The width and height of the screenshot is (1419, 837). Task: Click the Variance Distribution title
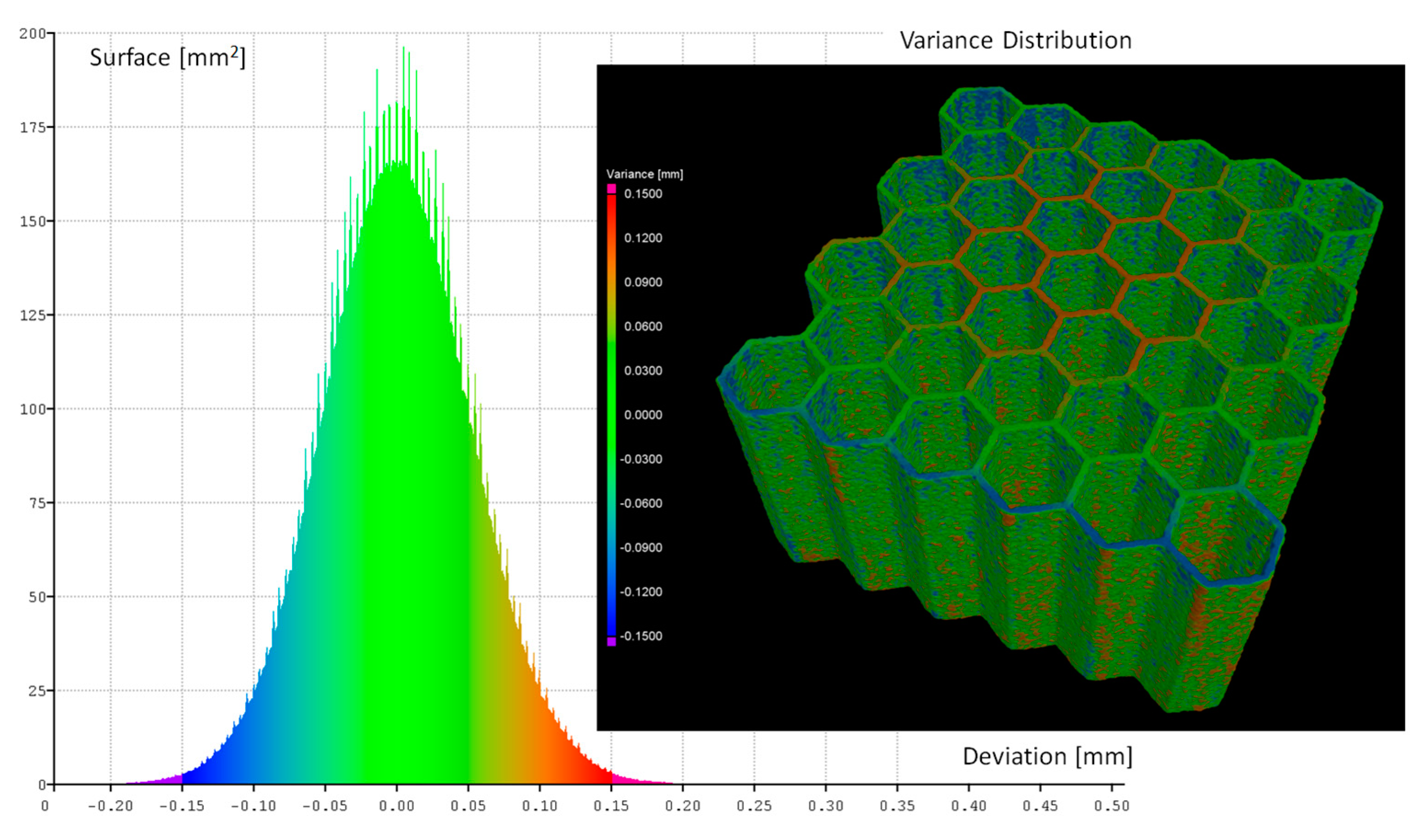[x=1015, y=40]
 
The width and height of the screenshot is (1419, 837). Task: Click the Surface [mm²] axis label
[x=167, y=57]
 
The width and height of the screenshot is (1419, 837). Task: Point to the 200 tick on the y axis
[x=33, y=33]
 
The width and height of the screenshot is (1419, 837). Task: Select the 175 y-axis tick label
[x=33, y=127]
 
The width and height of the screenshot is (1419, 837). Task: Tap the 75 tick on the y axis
[x=37, y=503]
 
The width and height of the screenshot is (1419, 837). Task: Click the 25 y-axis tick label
[x=37, y=691]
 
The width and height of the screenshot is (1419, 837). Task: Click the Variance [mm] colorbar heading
[x=644, y=174]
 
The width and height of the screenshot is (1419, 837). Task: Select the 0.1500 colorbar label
[x=643, y=194]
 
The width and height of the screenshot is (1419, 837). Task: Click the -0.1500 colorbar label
[x=641, y=636]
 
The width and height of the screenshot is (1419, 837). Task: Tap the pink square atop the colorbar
[x=611, y=189]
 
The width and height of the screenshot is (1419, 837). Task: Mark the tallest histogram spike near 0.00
[x=404, y=48]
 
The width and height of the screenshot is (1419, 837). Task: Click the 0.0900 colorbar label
[x=643, y=282]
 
